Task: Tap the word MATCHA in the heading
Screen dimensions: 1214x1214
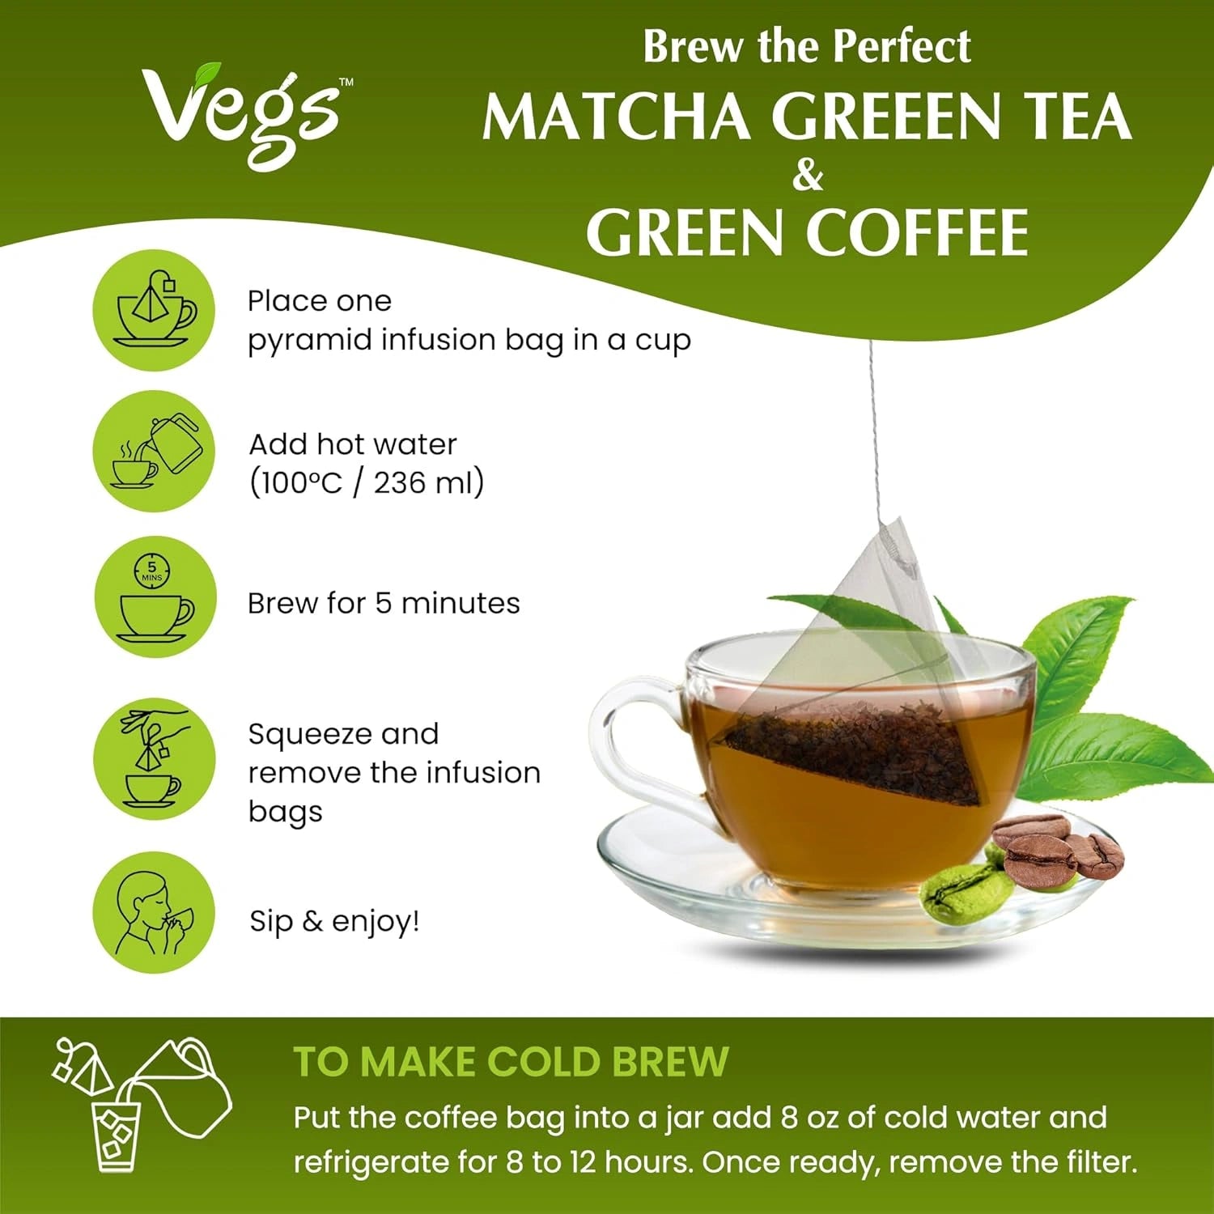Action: point(615,117)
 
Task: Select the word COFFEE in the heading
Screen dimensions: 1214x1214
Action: point(916,234)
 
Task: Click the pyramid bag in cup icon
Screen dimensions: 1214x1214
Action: point(154,311)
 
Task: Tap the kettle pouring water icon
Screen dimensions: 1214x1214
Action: point(154,451)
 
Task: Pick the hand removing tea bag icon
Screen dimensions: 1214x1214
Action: point(154,759)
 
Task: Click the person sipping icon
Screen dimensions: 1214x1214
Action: point(154,912)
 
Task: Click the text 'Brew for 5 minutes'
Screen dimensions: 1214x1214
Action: point(384,604)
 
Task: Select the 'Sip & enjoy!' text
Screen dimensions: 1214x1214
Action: point(334,922)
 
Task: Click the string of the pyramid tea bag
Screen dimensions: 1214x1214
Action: point(873,429)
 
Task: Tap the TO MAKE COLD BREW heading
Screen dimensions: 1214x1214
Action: point(511,1062)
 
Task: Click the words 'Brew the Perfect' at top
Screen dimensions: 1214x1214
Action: point(806,47)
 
